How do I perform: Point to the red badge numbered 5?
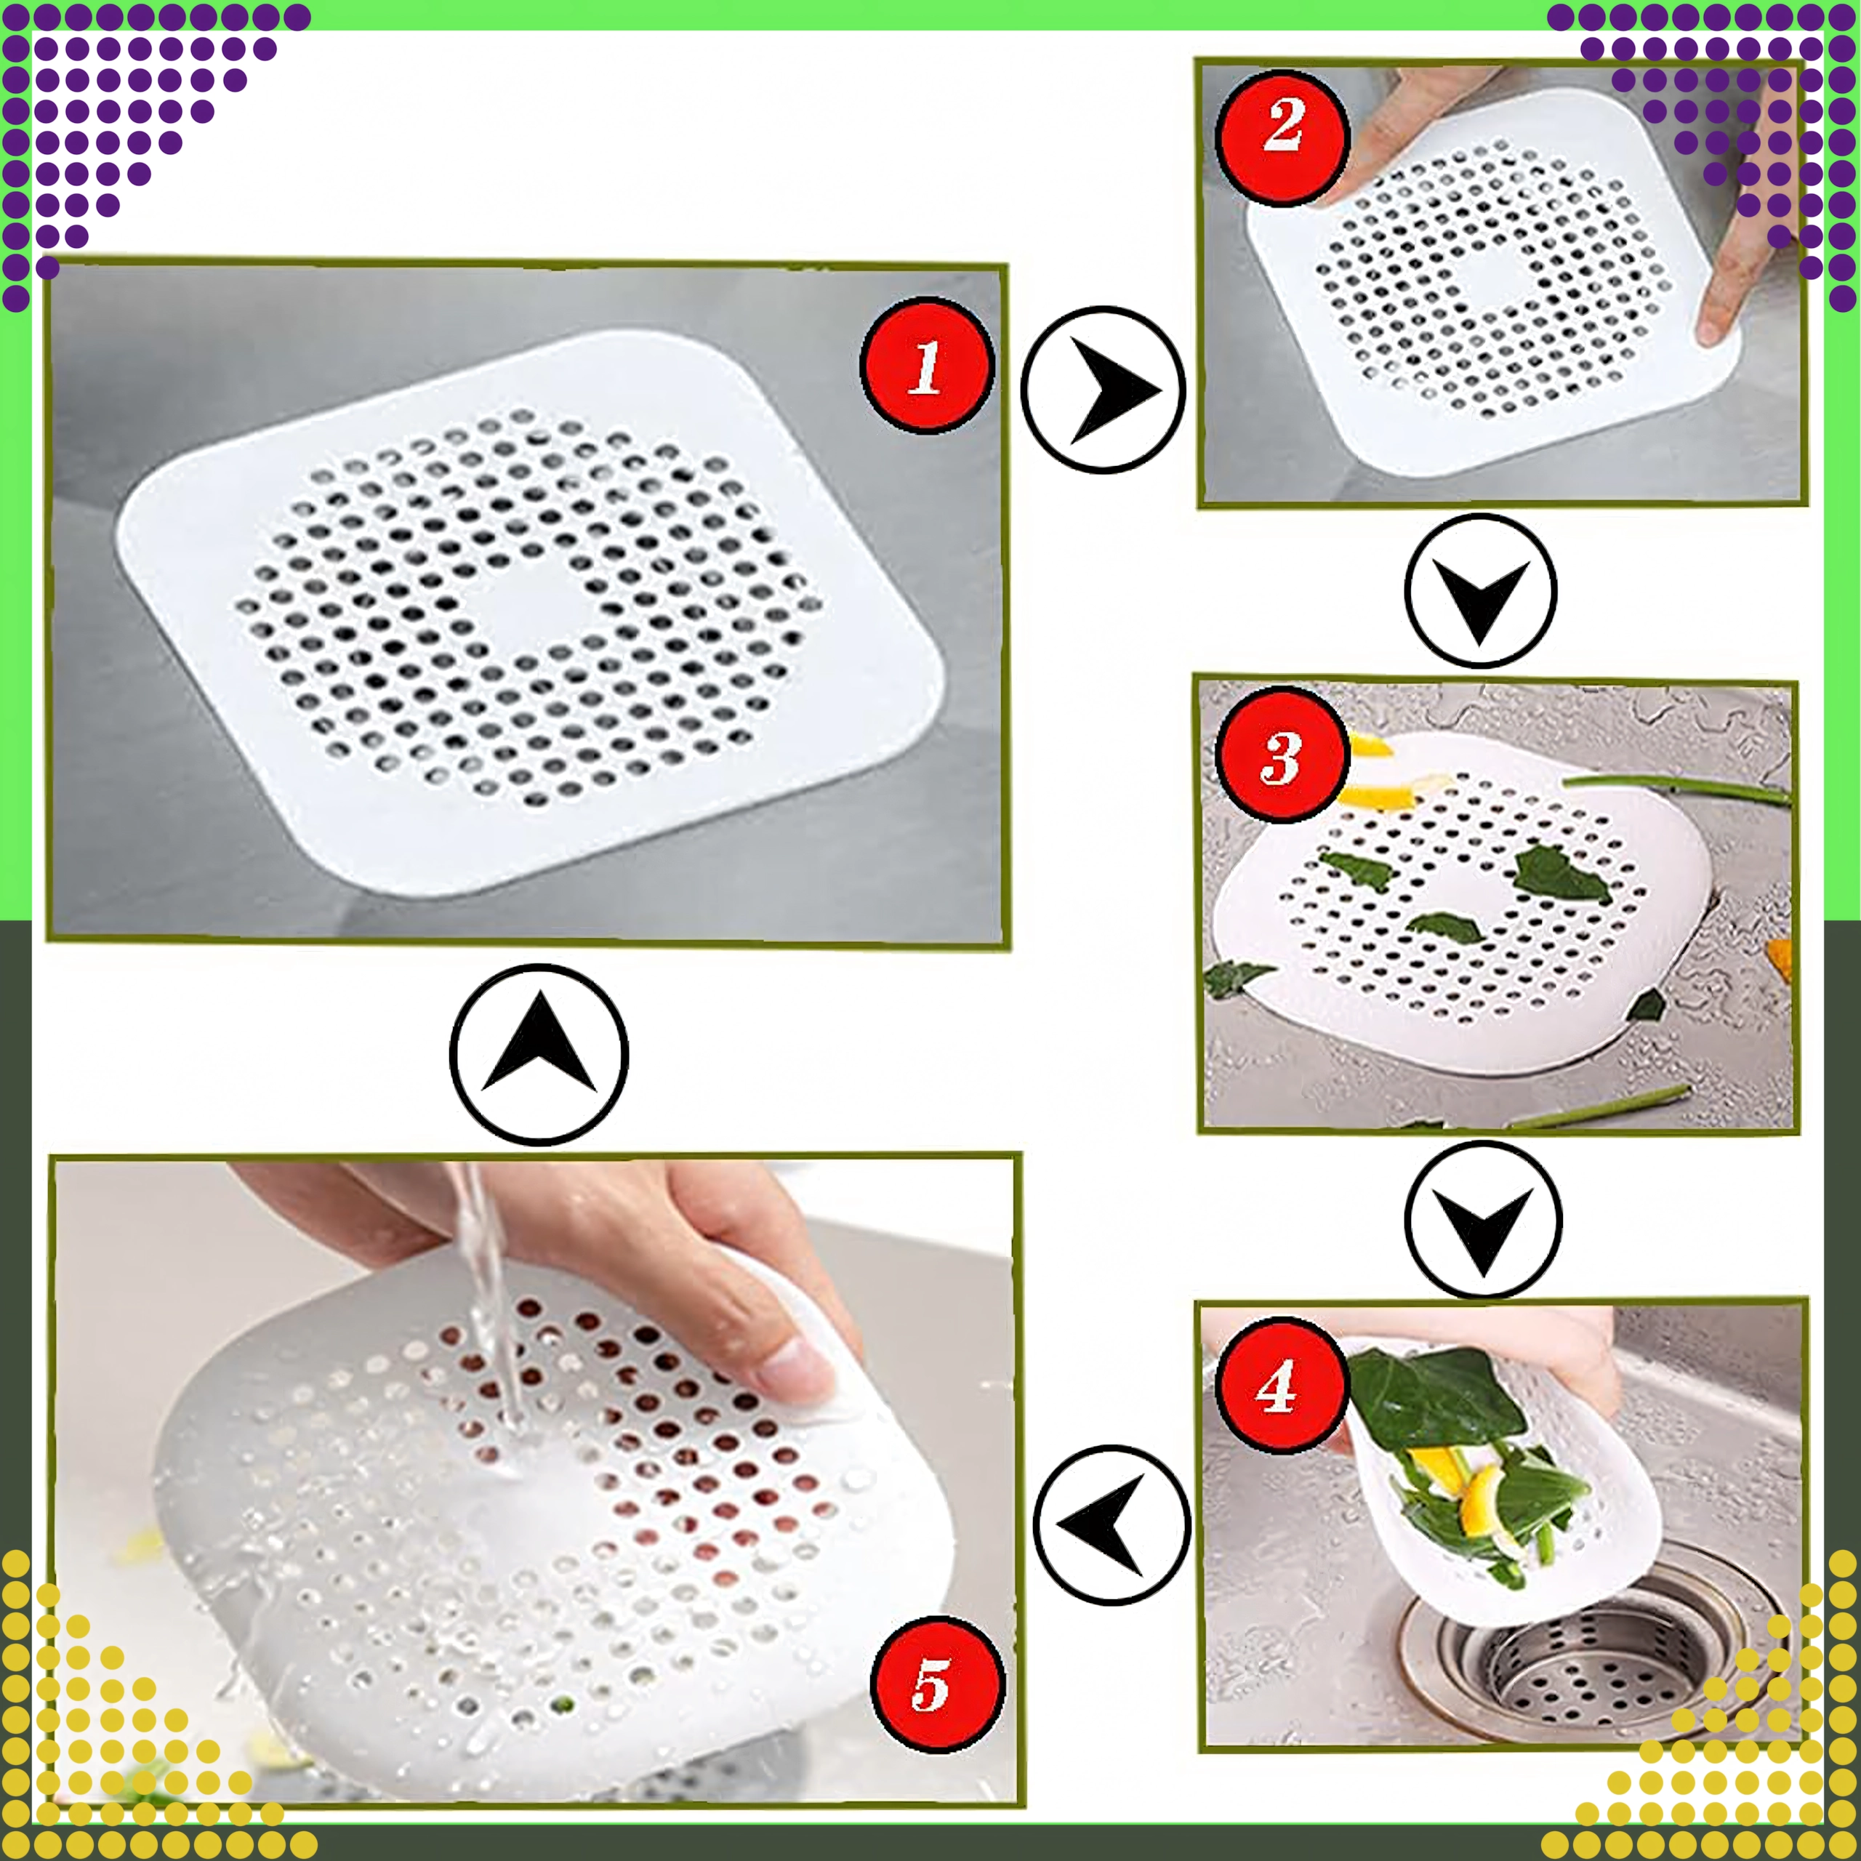937,1685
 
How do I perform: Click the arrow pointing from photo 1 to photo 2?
1103,389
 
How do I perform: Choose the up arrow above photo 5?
539,1055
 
